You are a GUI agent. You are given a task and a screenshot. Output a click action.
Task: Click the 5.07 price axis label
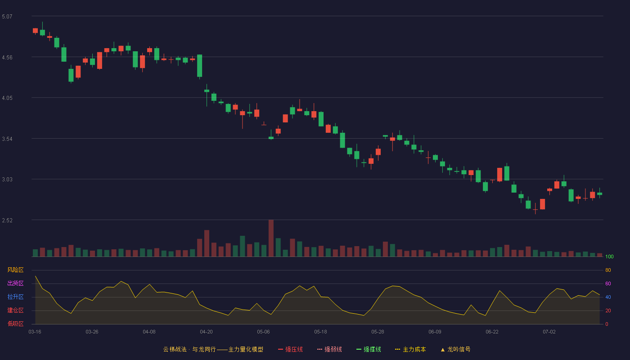point(7,17)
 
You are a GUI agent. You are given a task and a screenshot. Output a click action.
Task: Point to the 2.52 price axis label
point(7,220)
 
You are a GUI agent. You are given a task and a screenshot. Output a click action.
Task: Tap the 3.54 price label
point(7,139)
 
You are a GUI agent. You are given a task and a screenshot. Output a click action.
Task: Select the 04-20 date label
point(206,332)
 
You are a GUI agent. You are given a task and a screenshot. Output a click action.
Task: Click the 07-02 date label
point(549,332)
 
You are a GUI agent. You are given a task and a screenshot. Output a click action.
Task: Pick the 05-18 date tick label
point(320,332)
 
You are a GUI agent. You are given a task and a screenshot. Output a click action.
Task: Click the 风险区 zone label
point(15,270)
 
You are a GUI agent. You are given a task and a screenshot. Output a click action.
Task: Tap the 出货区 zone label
point(15,283)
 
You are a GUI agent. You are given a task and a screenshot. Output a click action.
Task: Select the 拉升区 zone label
point(15,297)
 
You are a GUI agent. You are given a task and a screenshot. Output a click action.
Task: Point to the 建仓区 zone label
point(15,310)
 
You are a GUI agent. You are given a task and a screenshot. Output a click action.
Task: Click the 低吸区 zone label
point(15,324)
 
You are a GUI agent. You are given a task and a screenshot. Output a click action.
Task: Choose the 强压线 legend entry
point(290,349)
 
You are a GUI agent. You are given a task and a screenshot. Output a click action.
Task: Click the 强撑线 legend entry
point(369,349)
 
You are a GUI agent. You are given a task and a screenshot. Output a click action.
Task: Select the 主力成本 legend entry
point(410,349)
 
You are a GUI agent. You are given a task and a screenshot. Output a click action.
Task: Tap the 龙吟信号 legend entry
point(455,349)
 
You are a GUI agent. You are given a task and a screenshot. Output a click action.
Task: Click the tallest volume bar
point(271,238)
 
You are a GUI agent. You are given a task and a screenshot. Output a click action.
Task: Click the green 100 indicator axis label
point(609,256)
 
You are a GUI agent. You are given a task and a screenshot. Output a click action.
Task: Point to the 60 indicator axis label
point(608,283)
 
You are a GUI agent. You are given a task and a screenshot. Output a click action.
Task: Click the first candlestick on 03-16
point(35,31)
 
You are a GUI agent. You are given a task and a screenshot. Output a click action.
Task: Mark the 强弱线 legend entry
point(329,349)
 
